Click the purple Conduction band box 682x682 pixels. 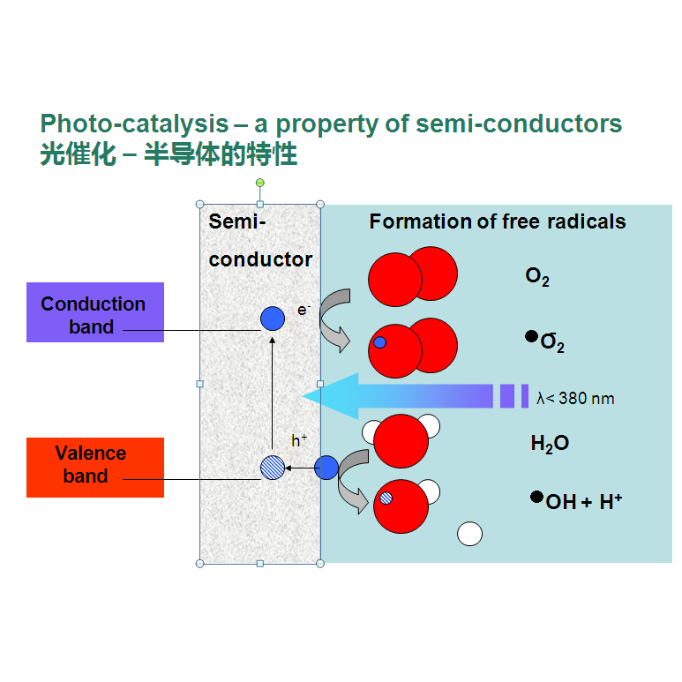click(x=94, y=312)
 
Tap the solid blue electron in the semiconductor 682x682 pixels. click(x=273, y=319)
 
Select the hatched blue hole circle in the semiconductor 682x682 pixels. click(x=273, y=468)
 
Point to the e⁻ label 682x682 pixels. click(x=304, y=310)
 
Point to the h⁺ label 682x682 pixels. click(x=300, y=439)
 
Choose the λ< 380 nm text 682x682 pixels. click(x=575, y=399)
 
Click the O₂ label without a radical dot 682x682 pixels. click(x=537, y=277)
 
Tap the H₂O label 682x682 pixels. click(x=550, y=444)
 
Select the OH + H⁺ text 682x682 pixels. click(x=584, y=502)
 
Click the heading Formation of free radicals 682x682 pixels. click(x=497, y=221)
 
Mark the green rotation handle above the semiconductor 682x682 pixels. click(x=259, y=184)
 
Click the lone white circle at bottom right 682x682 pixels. click(x=470, y=534)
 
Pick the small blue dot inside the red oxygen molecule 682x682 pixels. click(x=379, y=342)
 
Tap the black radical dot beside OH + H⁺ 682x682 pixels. click(x=536, y=497)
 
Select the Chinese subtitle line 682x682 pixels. click(x=169, y=155)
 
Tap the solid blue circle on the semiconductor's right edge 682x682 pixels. click(x=326, y=468)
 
